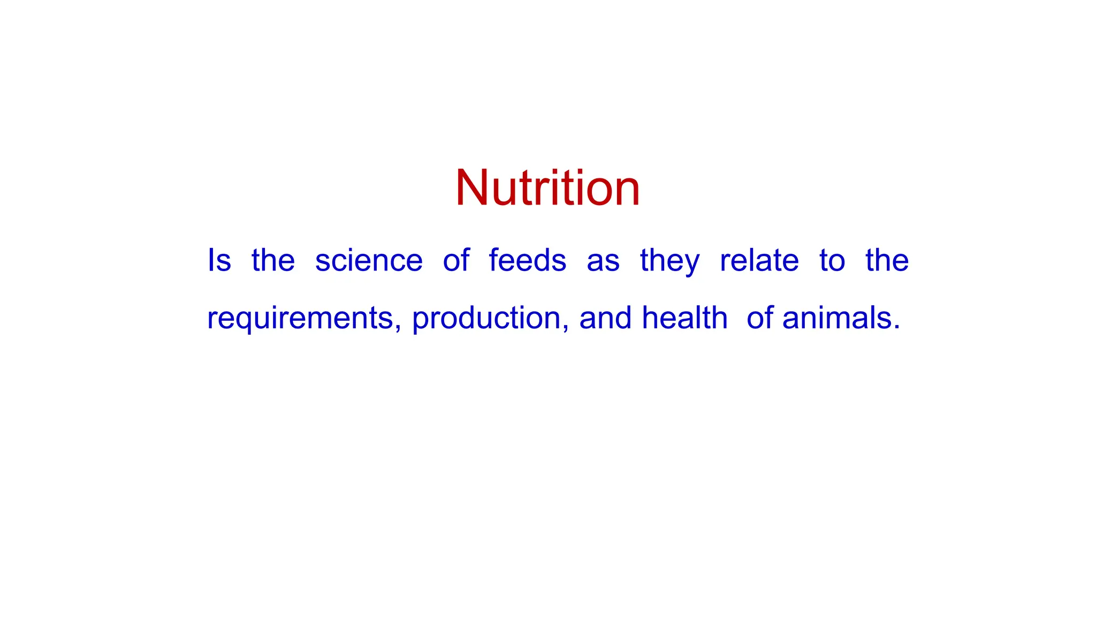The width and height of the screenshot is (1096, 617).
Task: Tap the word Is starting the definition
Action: (x=219, y=261)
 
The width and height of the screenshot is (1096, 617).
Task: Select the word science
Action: (x=369, y=261)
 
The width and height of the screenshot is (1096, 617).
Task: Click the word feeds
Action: (x=528, y=261)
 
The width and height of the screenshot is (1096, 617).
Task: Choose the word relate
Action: (x=759, y=261)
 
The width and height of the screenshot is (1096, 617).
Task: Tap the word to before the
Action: (x=832, y=261)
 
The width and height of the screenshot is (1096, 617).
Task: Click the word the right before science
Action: (x=273, y=261)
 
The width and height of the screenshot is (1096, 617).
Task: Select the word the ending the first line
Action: (x=887, y=261)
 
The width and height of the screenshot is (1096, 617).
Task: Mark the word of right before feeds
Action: (x=456, y=261)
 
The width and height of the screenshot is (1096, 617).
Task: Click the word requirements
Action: (x=300, y=318)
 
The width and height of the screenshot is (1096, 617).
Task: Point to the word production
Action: (x=486, y=318)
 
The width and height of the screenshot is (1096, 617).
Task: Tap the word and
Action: (x=605, y=318)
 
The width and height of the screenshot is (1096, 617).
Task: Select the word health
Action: (x=684, y=318)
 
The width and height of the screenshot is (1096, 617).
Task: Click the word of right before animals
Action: (x=760, y=318)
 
